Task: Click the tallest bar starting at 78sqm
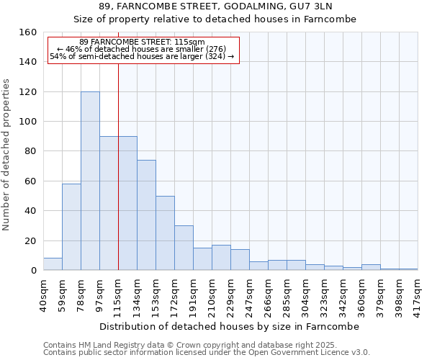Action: pyautogui.click(x=90, y=181)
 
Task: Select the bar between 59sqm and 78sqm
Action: pyautogui.click(x=71, y=227)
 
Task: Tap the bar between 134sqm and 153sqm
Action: pyautogui.click(x=146, y=215)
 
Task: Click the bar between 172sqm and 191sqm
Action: pyautogui.click(x=184, y=248)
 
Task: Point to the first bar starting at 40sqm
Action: pyautogui.click(x=53, y=264)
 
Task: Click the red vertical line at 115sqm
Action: pyautogui.click(x=118, y=166)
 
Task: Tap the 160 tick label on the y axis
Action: pyautogui.click(x=28, y=32)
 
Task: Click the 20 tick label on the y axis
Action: pyautogui.click(x=31, y=240)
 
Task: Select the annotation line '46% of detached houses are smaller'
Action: pyautogui.click(x=142, y=49)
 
